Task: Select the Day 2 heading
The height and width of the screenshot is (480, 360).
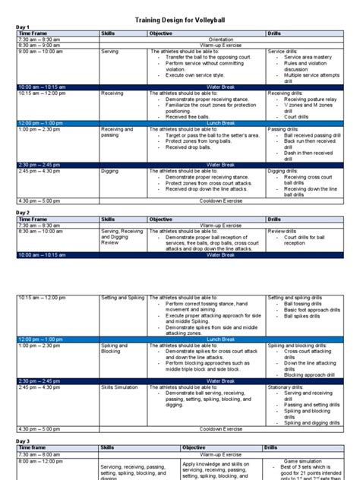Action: [x=24, y=213]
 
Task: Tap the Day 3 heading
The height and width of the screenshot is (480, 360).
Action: [x=24, y=441]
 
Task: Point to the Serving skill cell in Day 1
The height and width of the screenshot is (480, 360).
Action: [x=110, y=51]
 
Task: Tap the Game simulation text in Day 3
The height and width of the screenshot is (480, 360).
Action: [x=306, y=460]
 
